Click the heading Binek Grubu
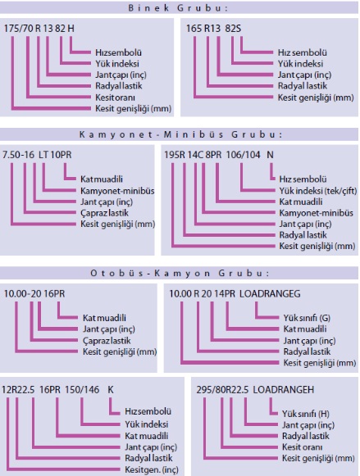(178, 8)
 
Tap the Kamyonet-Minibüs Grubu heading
(180, 134)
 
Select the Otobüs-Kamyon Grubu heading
(180, 273)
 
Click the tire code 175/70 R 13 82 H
(39, 29)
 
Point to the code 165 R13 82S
(213, 29)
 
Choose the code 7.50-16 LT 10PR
(37, 155)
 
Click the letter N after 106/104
(270, 155)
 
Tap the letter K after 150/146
(111, 390)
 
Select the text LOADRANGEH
(284, 390)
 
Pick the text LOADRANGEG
(270, 294)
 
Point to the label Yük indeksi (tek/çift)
(318, 191)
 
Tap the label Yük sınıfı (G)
(307, 318)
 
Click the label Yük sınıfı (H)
(306, 414)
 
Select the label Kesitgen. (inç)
(151, 470)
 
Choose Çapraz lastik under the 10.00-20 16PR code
(107, 341)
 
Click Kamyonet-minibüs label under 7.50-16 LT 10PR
(117, 191)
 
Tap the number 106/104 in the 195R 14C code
(243, 155)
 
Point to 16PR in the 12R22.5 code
(50, 390)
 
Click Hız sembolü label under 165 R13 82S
(303, 52)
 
